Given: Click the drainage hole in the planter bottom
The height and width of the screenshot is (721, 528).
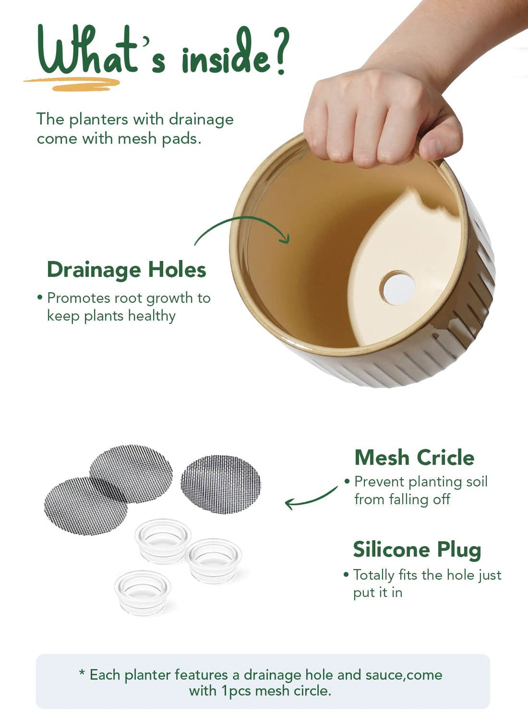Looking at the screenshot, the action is [398, 288].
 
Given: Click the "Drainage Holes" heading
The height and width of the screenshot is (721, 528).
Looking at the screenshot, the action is [126, 270].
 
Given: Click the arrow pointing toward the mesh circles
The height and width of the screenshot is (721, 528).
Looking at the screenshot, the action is [312, 499].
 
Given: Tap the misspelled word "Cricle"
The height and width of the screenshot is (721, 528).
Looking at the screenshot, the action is [445, 458].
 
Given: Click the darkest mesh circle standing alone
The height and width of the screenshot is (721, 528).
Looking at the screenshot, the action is [221, 485].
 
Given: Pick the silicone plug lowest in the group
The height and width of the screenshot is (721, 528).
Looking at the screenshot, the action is [143, 592].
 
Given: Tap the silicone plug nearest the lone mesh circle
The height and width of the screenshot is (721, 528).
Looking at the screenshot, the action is [213, 561].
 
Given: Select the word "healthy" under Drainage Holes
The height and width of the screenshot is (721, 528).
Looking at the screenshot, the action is [152, 316].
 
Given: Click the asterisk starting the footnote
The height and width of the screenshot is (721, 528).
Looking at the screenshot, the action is [82, 673].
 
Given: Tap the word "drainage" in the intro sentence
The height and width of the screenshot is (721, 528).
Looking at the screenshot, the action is [201, 121].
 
